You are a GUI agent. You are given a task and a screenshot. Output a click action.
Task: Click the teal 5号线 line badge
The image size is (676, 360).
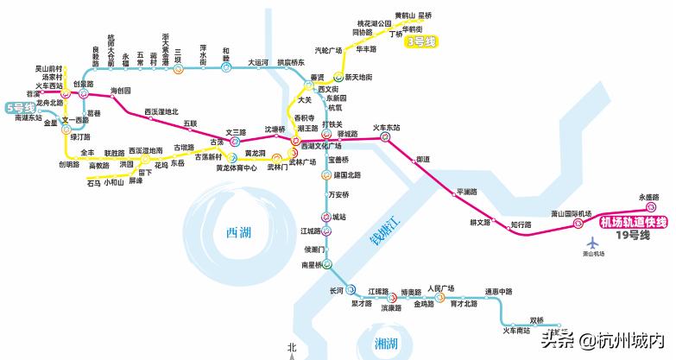(x=19, y=108)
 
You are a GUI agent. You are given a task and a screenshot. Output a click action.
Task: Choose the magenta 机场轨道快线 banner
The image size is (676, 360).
(x=632, y=223)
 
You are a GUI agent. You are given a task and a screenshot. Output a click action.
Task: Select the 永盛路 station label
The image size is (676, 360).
(x=648, y=198)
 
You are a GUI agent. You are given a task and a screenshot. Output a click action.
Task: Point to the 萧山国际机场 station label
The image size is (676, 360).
(x=572, y=213)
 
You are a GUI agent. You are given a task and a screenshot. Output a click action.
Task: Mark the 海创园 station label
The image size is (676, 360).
(x=121, y=91)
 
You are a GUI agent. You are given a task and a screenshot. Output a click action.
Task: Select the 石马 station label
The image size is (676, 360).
(x=94, y=182)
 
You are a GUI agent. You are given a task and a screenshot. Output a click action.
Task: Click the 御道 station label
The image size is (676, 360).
(x=423, y=159)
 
